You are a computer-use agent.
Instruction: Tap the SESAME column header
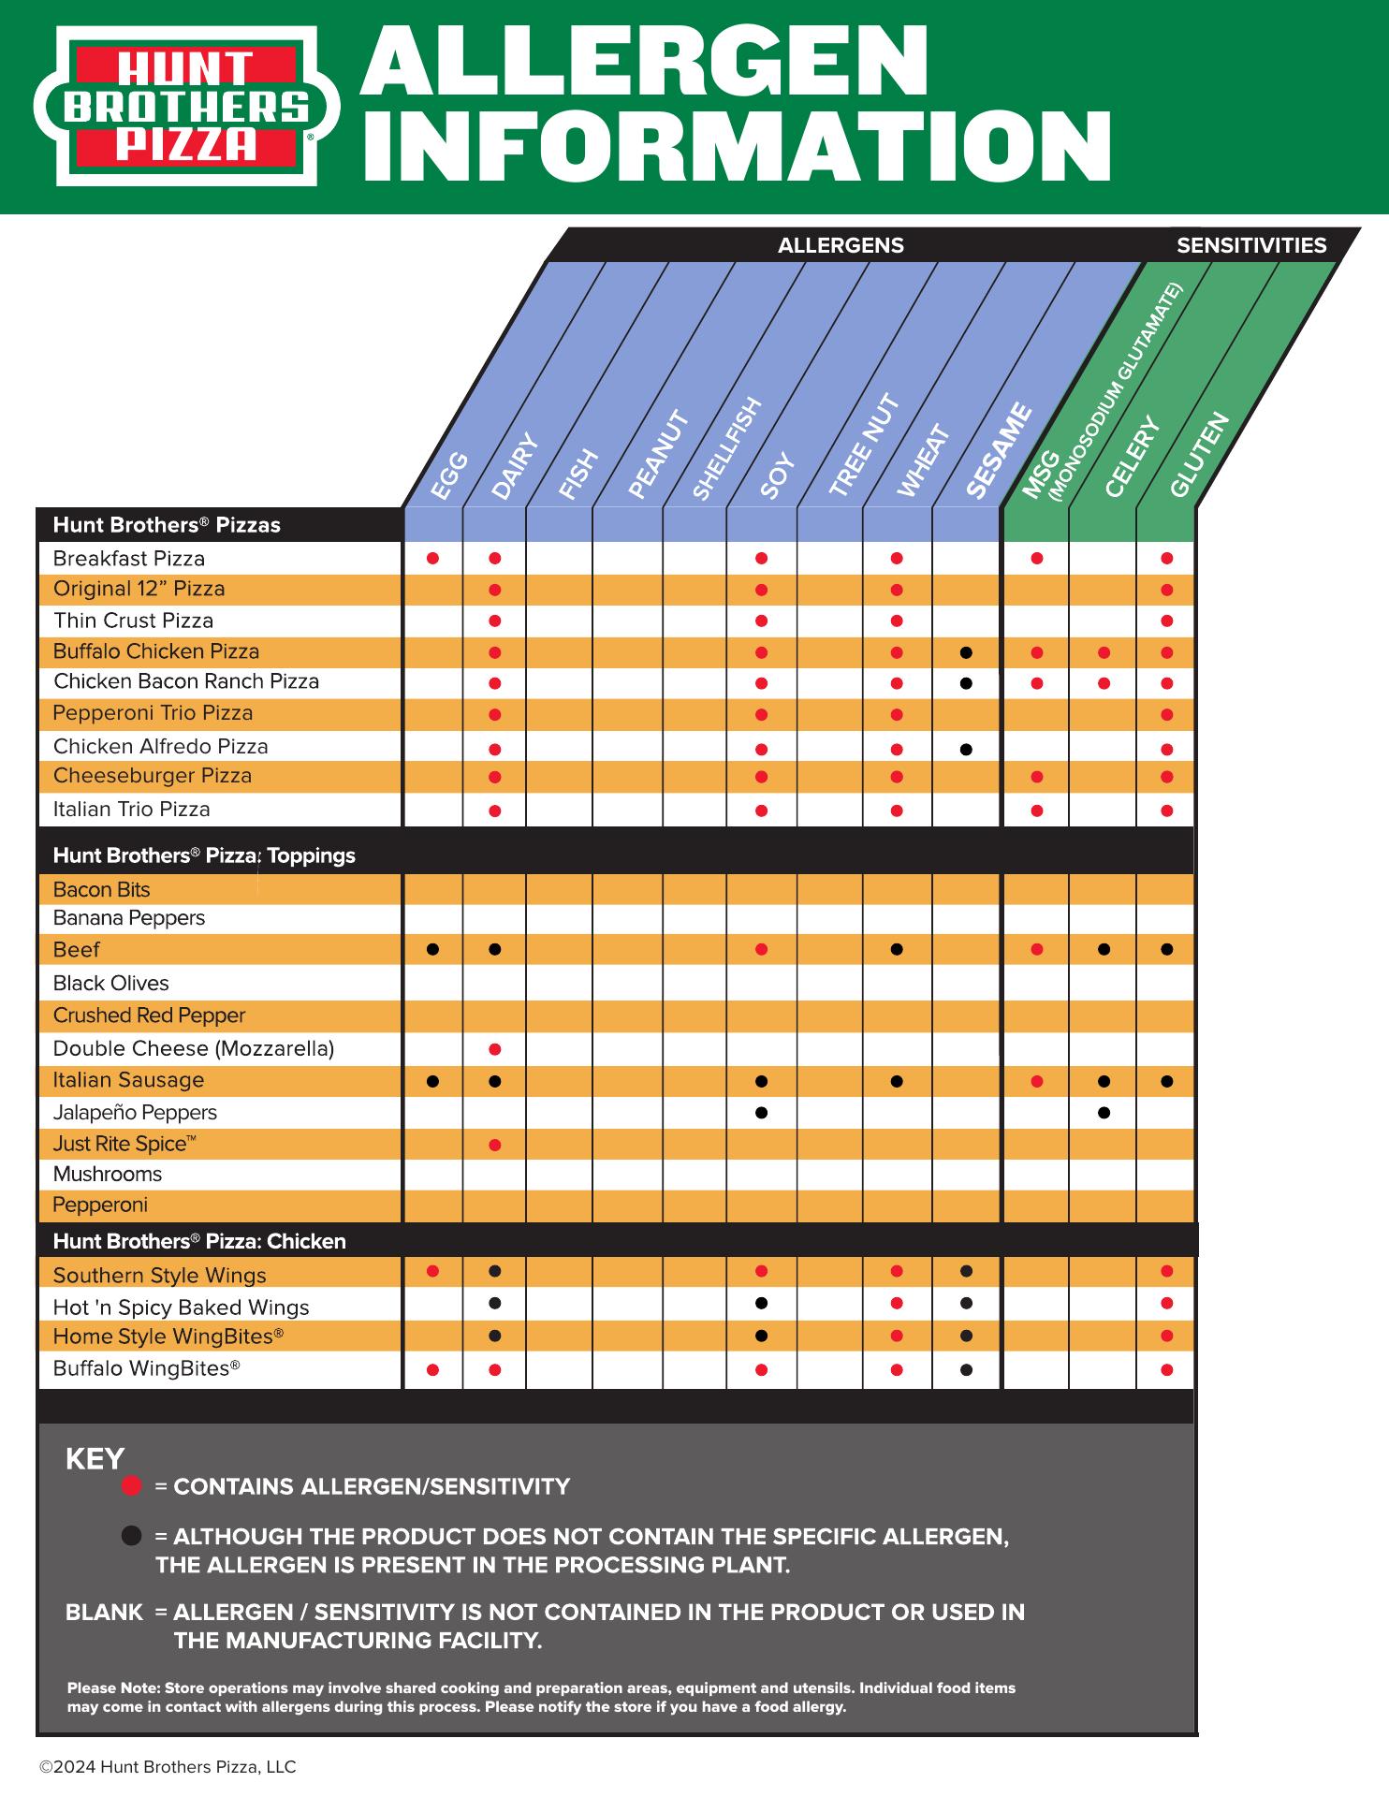coord(998,451)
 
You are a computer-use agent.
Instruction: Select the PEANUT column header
coord(658,455)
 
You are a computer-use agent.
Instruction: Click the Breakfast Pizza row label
coord(129,559)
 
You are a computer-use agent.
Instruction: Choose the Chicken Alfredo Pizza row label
coord(160,747)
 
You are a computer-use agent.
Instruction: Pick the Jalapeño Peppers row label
coord(135,1113)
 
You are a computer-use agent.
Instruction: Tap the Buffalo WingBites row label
coord(146,1368)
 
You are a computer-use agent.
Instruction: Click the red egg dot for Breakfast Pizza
coord(432,559)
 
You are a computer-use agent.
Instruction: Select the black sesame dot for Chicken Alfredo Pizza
coord(966,749)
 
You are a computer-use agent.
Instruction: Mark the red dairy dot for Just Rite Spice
coord(495,1145)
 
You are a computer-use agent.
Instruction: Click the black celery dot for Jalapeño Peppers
coord(1104,1113)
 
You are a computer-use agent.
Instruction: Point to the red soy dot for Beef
coord(761,950)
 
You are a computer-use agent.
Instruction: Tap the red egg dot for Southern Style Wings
coord(432,1271)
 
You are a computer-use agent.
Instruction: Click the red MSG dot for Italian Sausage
coord(1037,1082)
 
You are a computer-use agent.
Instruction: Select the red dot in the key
coord(132,1486)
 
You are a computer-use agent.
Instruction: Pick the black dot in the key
coord(132,1536)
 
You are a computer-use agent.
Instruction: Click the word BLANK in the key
coord(104,1612)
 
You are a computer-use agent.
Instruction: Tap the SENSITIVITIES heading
coord(1250,245)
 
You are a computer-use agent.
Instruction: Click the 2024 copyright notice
coord(168,1767)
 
